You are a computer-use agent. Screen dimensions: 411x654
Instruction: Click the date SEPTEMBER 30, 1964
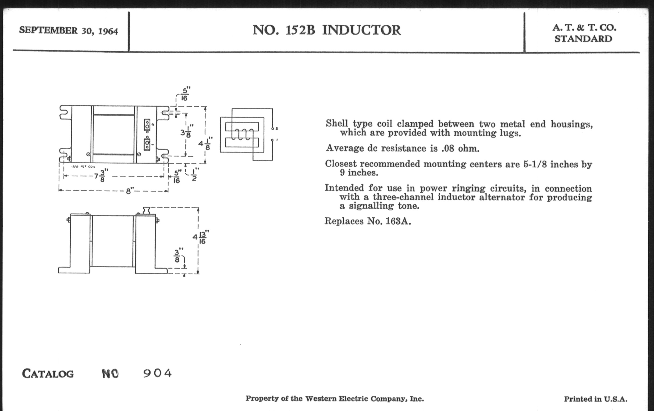click(x=69, y=31)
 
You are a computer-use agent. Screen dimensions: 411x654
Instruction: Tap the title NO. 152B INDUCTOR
click(x=326, y=30)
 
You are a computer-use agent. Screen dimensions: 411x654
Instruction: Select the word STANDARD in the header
click(x=583, y=39)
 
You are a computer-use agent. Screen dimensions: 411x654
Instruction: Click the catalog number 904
click(x=158, y=373)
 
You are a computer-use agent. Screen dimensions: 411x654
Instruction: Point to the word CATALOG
click(x=48, y=374)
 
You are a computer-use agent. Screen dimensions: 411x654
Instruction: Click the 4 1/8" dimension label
click(x=205, y=143)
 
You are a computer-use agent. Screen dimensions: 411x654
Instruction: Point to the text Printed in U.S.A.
click(x=595, y=399)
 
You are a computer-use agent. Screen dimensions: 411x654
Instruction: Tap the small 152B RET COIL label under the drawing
click(x=83, y=166)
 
